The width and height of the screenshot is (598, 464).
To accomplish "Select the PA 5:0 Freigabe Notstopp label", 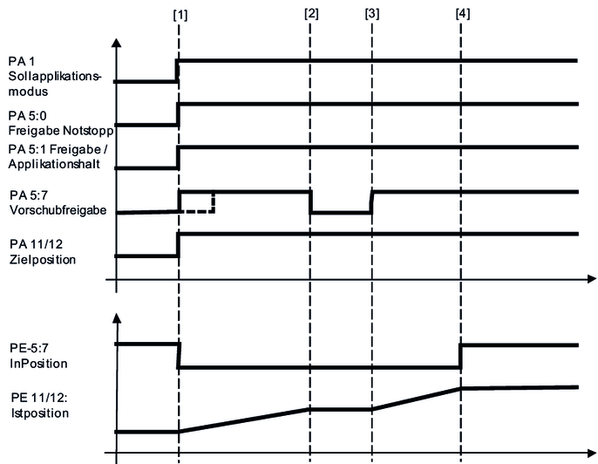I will (61, 123).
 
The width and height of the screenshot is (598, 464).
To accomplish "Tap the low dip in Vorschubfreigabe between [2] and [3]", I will (341, 212).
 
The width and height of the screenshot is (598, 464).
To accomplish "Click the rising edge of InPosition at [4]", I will (461, 356).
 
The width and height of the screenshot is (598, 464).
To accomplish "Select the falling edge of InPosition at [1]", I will (179, 356).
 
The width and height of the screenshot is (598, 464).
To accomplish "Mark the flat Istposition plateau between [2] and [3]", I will (341, 408).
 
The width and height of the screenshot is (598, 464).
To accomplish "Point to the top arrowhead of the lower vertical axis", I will (117, 317).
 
